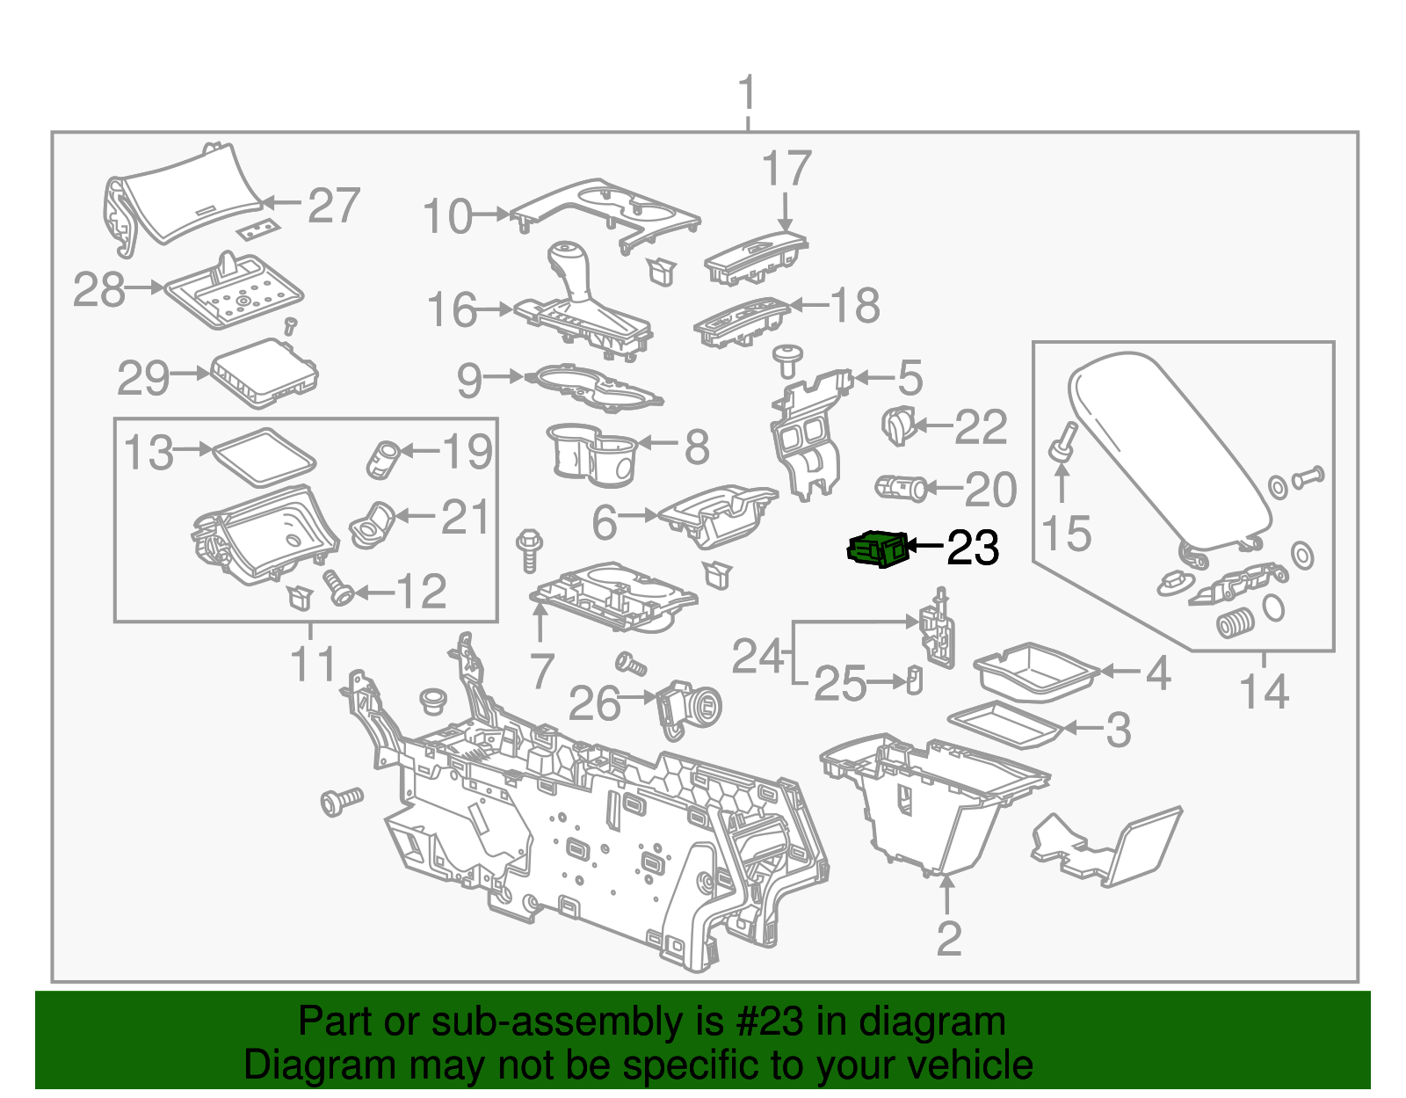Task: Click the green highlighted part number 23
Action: point(876,549)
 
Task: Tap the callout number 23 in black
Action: point(973,549)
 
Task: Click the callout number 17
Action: point(786,169)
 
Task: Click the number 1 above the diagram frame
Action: point(747,94)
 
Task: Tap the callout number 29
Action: point(143,378)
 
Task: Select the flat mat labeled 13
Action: point(263,455)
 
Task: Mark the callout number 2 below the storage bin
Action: point(949,939)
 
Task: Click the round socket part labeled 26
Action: point(689,708)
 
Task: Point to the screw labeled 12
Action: point(337,586)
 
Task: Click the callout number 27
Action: point(334,206)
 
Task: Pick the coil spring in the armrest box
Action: point(1236,622)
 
